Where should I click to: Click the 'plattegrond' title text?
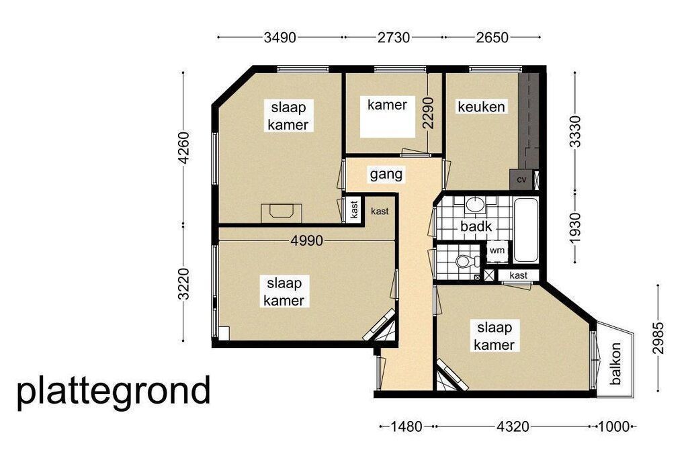pos(114,391)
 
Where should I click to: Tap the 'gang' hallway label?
pos(386,175)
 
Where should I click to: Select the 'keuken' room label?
pos(481,107)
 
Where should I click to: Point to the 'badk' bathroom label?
pos(476,227)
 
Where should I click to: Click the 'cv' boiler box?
pos(521,179)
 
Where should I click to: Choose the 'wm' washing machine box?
pos(497,251)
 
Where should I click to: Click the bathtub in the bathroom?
pos(525,230)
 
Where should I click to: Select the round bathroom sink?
pos(474,204)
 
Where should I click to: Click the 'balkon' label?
pos(615,363)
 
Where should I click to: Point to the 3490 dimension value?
pos(280,38)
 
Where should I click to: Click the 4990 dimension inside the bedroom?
pos(306,240)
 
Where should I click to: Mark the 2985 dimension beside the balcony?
pos(658,338)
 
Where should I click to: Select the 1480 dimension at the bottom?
pos(406,426)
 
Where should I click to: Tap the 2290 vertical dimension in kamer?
pos(428,113)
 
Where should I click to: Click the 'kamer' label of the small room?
pos(387,105)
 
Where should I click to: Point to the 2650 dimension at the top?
pos(492,38)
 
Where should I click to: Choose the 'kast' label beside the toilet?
pos(519,275)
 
